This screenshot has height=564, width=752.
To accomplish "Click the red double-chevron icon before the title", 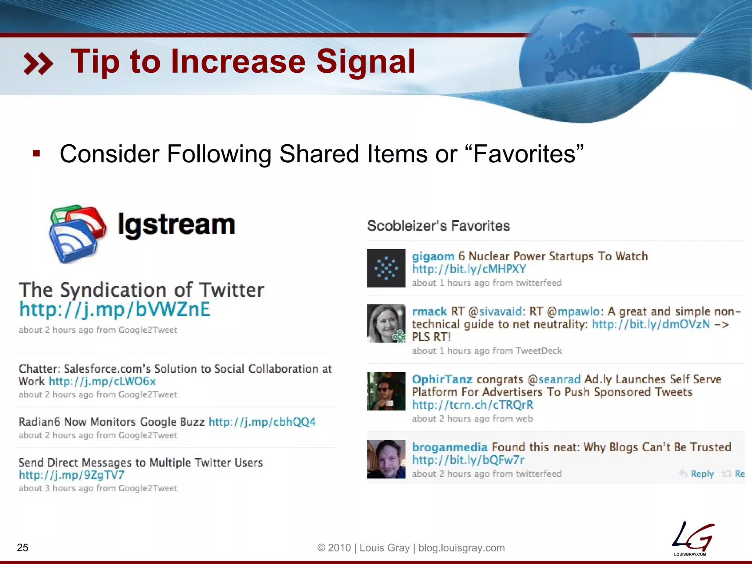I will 38,64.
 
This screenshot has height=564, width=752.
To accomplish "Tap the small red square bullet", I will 36,153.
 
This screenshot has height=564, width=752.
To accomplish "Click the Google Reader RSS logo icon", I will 77,234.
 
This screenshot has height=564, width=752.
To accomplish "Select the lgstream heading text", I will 176,225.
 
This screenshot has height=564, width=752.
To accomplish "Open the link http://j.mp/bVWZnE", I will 115,309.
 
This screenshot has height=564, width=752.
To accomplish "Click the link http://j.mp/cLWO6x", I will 102,381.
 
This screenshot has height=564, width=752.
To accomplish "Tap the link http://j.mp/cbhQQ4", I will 262,422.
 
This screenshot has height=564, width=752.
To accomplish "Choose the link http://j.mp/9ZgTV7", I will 72,475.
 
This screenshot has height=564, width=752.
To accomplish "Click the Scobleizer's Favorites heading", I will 438,226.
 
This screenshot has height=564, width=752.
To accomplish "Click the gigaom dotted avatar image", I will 386,268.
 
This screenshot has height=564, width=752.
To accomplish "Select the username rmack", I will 429,311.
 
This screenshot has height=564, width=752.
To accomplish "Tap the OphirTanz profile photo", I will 386,391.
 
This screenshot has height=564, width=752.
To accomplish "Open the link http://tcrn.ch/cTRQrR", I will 472,405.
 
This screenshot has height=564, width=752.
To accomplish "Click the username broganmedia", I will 449,447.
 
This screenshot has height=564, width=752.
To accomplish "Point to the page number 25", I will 23,547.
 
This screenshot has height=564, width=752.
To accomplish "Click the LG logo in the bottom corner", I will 693,539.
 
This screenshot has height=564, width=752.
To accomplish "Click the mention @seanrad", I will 554,379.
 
